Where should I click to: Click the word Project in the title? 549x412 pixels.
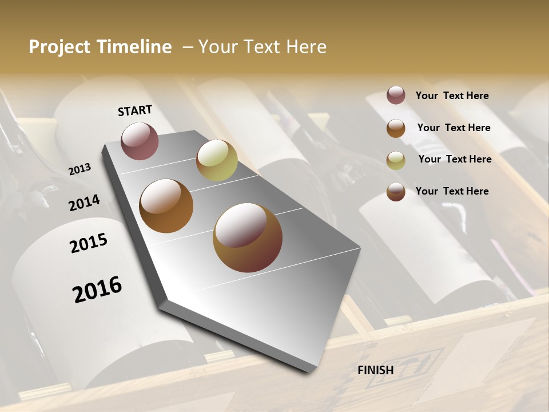tap(58, 47)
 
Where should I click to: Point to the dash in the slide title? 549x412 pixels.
tap(188, 47)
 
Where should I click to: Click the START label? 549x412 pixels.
tap(135, 110)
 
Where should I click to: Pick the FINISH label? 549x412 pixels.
tap(376, 370)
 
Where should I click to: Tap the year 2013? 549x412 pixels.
tap(79, 169)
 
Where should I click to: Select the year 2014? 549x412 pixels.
tap(84, 203)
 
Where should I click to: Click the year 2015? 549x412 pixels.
tap(89, 243)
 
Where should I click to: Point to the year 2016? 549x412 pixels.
tap(97, 289)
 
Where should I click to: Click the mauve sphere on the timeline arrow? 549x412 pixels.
tap(140, 141)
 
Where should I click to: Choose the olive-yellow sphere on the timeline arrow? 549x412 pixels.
tap(217, 160)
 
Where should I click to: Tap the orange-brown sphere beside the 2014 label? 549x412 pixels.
tap(166, 206)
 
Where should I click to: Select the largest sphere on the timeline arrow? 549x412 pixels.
tap(248, 237)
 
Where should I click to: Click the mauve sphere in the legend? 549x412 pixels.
tap(396, 96)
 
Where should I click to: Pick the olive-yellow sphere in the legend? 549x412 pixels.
tap(396, 160)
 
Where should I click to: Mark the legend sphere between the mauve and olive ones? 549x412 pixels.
tap(396, 128)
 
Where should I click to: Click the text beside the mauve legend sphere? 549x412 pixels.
tap(452, 96)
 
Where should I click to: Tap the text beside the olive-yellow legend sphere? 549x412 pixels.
tap(455, 159)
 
